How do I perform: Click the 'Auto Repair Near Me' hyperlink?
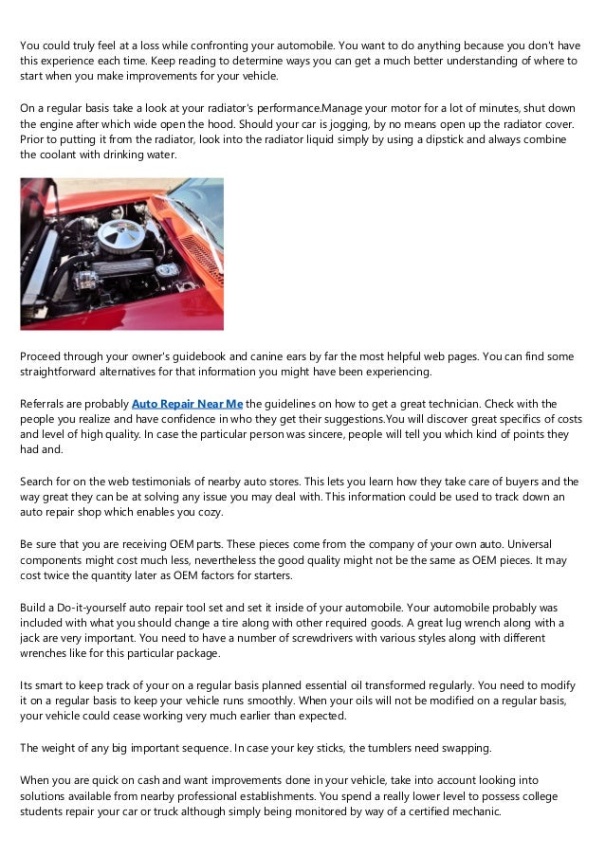coord(187,403)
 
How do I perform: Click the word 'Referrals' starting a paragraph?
coord(46,403)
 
